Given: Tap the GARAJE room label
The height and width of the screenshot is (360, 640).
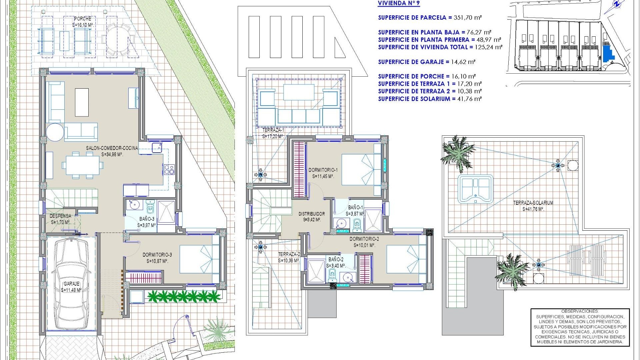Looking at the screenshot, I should coord(71,284).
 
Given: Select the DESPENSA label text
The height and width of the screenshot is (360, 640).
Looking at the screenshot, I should coord(60,216).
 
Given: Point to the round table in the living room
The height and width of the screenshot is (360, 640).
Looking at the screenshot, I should coord(55,132).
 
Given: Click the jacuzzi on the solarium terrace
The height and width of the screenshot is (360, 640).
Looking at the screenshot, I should coord(475,189).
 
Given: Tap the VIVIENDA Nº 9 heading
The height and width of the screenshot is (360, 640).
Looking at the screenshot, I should coord(399,4).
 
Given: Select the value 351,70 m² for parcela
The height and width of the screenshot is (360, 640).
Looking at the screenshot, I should coord(468,18).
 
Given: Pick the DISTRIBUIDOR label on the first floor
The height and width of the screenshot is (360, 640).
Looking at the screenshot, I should coord(311,214).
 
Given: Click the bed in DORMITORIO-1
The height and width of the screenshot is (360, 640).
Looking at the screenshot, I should coord(361,169).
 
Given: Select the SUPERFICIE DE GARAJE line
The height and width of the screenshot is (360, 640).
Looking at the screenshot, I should coord(426,62).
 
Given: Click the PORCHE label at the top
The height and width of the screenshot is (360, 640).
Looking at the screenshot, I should coord(82,19).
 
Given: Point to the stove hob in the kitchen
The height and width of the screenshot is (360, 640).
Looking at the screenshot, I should coord(169,169).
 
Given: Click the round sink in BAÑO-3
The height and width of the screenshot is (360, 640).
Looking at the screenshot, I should coord(135,204).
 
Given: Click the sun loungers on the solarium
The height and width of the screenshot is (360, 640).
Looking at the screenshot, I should coord(587,260).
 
